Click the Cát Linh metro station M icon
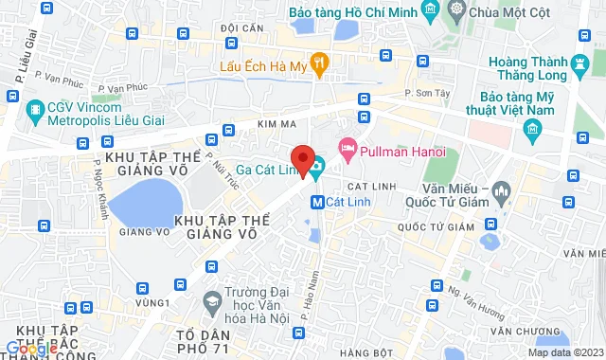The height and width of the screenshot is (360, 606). click(319, 202)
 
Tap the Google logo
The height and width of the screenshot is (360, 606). click(30, 349)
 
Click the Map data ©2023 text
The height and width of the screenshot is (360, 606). click(562, 352)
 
